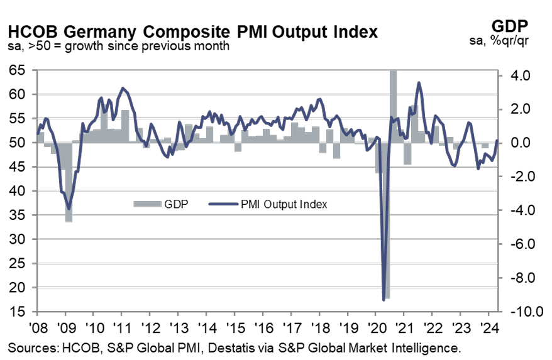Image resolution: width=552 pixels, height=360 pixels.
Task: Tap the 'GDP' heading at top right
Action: click(x=509, y=26)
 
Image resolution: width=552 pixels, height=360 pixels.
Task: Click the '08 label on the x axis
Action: click(x=36, y=329)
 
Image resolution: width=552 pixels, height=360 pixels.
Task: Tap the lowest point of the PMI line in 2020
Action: click(x=384, y=300)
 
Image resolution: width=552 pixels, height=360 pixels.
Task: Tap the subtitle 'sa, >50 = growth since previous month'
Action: click(x=119, y=46)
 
